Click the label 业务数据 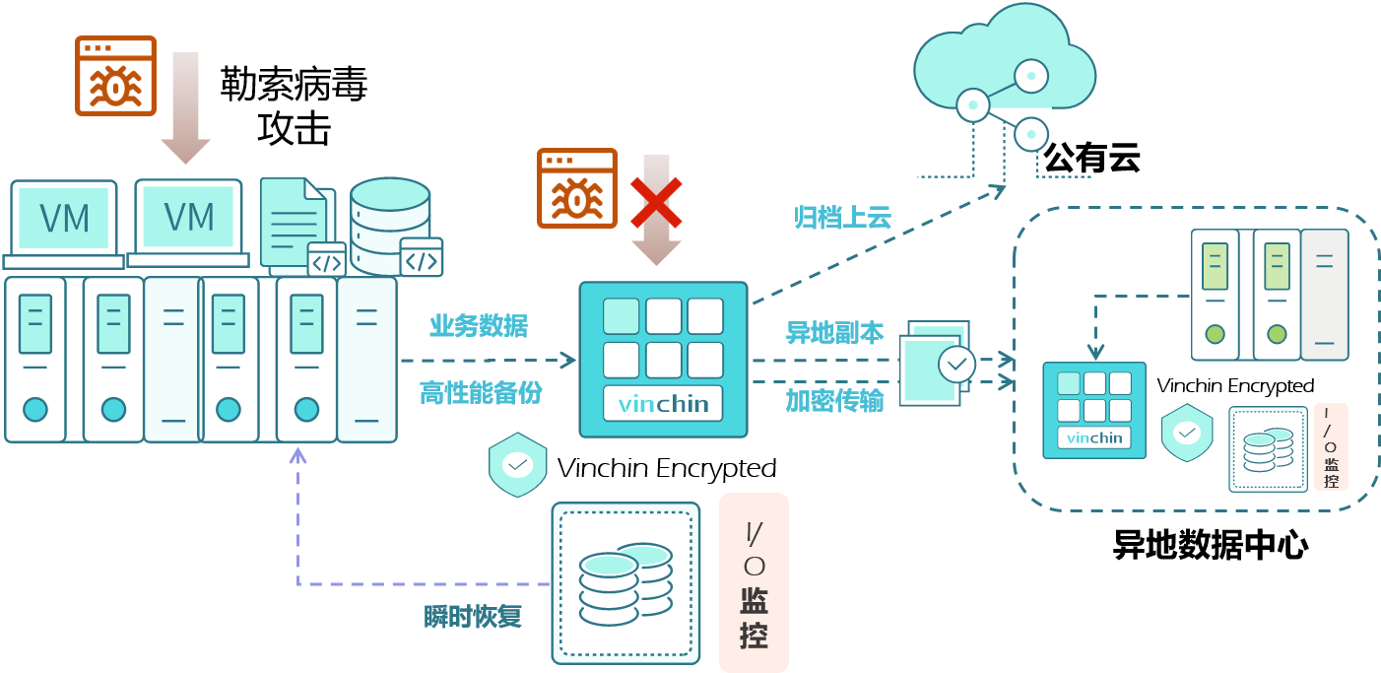(x=478, y=325)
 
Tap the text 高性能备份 (x=481, y=392)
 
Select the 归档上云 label (x=842, y=218)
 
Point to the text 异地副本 (x=834, y=333)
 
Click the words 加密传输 (x=834, y=400)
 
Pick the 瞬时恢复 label (x=472, y=617)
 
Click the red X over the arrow (x=656, y=202)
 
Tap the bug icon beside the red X (x=576, y=187)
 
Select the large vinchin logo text (x=663, y=404)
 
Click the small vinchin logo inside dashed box (x=1094, y=437)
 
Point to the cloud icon (x=1005, y=64)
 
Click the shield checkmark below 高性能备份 (x=517, y=463)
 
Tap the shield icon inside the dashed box (x=1187, y=433)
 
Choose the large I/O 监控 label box (x=754, y=582)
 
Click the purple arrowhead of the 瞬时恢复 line (x=297, y=454)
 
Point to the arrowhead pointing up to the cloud (x=998, y=189)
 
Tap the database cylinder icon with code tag (x=394, y=227)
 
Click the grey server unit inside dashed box (x=1324, y=295)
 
